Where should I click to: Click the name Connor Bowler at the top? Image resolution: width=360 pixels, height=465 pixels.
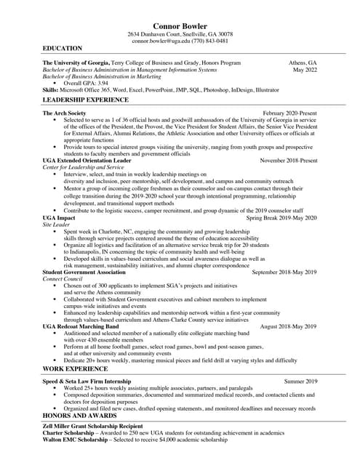(180, 26)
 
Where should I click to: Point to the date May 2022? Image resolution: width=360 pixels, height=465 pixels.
(305, 70)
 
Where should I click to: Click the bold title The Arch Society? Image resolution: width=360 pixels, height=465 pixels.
(65, 113)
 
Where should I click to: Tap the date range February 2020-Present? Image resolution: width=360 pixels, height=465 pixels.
(289, 113)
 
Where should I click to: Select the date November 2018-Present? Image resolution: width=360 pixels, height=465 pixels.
(289, 160)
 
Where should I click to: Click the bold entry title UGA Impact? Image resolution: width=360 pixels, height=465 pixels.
(59, 218)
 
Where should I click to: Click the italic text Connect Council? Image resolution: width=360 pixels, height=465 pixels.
(63, 279)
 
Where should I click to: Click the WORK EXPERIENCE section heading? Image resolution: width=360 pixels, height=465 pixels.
(76, 369)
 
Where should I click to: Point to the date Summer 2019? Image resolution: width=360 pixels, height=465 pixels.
(300, 381)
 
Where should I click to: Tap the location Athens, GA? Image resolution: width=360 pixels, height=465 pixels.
(303, 63)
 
